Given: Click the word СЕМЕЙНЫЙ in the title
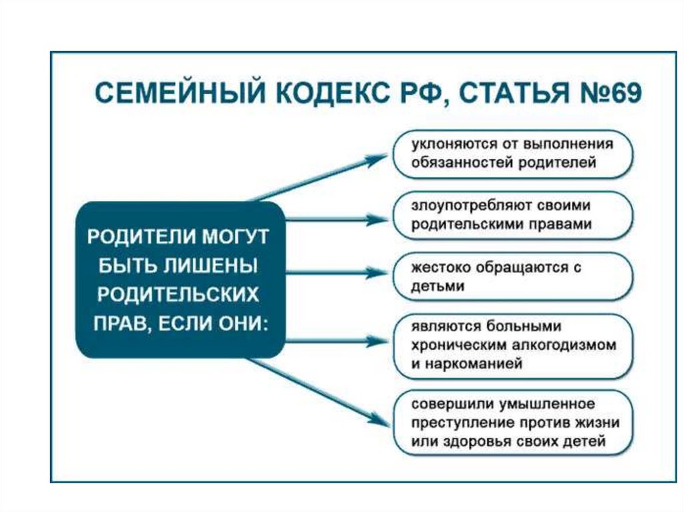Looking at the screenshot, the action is (x=180, y=92).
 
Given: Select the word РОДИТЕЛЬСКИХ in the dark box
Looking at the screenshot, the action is (x=178, y=294).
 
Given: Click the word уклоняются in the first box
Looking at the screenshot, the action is (x=448, y=145).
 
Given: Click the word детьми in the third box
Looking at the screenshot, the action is (x=438, y=286).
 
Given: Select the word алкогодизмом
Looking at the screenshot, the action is (x=564, y=345).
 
